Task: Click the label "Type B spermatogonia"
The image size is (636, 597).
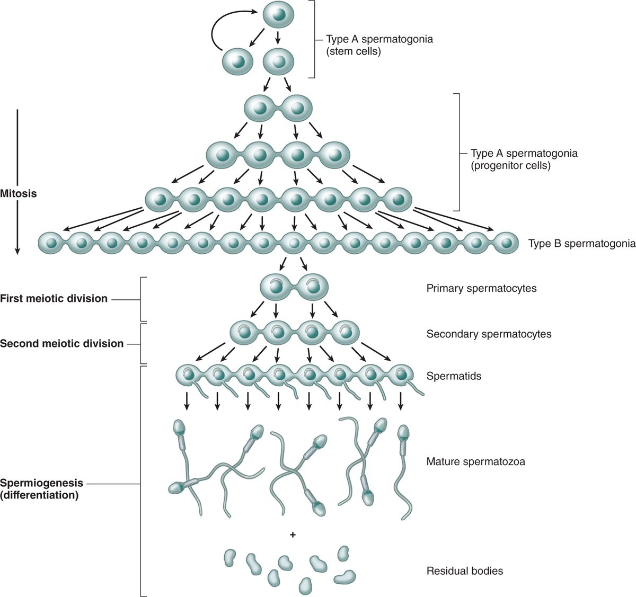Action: (581, 244)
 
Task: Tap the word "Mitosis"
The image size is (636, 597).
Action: (19, 193)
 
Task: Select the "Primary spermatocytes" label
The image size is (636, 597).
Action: (481, 288)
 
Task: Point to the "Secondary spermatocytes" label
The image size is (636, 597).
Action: (489, 334)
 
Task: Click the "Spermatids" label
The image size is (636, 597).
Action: (454, 376)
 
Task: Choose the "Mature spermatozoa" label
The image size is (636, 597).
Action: (475, 461)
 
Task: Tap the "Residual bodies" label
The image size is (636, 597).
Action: (464, 571)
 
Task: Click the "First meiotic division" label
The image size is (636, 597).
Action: (54, 298)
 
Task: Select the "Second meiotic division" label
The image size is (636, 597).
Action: (61, 343)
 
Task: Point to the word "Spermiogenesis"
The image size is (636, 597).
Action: (42, 483)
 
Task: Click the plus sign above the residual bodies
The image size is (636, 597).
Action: (293, 535)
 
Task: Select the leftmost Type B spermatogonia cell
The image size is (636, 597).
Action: (51, 243)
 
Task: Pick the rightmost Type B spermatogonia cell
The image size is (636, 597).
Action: (506, 243)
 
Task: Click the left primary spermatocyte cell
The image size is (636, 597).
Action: (276, 288)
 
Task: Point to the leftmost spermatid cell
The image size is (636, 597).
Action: (189, 375)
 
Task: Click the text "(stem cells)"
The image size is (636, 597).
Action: (354, 51)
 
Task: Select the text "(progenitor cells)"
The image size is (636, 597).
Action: (511, 165)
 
